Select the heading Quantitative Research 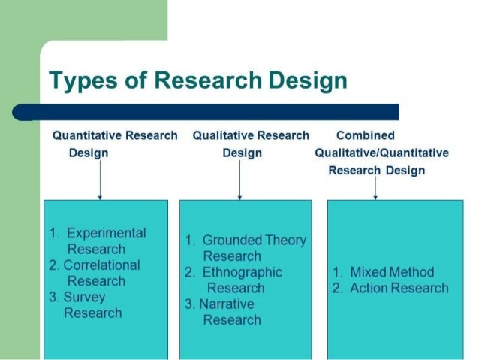pos(115,135)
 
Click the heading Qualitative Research pos(251,135)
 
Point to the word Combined pos(366,135)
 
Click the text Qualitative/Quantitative pos(382,153)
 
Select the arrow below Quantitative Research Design pos(100,180)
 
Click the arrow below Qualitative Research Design pos(239,180)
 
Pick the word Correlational pos(101,265)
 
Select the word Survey pos(84,297)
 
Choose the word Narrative pos(228,304)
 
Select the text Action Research pos(399,288)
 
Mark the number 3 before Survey pos(53,297)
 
